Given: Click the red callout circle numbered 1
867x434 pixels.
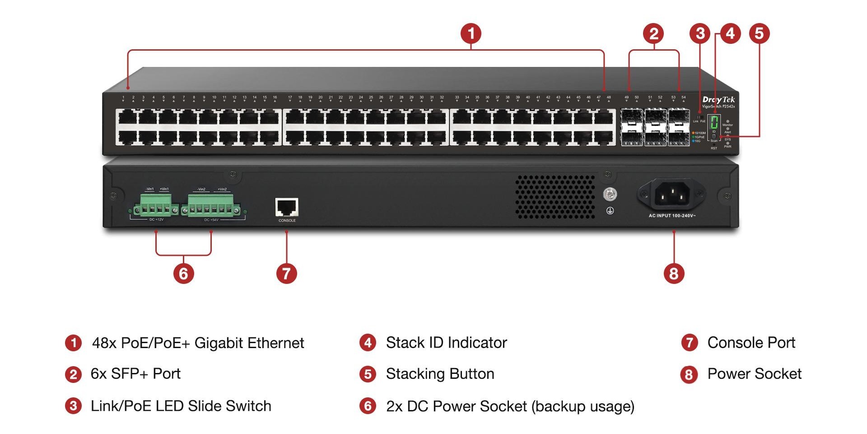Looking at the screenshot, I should pos(471,33).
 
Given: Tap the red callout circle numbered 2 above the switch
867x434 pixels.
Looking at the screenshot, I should pos(653,33).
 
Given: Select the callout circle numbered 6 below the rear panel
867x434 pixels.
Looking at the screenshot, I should pos(184,274).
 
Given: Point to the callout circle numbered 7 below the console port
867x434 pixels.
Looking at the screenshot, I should pos(286,274).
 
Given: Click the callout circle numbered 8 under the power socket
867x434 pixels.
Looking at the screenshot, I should pos(674,274).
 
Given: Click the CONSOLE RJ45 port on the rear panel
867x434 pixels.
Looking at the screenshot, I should pos(287,208).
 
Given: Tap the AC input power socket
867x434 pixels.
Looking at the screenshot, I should pos(672,195).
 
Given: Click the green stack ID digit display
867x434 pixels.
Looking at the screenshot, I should pos(714,122).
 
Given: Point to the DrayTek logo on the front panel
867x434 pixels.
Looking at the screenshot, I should pos(718,99).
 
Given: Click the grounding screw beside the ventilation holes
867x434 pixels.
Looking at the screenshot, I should pos(610,195).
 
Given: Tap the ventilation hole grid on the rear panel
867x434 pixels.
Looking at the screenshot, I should pos(555,197).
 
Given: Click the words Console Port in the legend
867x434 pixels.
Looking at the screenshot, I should pos(751,343).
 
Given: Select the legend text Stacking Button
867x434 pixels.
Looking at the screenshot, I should pos(440,374).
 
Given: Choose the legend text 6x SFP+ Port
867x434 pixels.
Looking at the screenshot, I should pos(135,374).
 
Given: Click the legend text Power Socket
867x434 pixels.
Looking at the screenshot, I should pos(754,374).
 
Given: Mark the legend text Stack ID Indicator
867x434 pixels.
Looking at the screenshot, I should pos(446,343).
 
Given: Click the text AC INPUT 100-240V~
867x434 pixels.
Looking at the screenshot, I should pos(672,216).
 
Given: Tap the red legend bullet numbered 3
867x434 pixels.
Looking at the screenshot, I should pos(73,406).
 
